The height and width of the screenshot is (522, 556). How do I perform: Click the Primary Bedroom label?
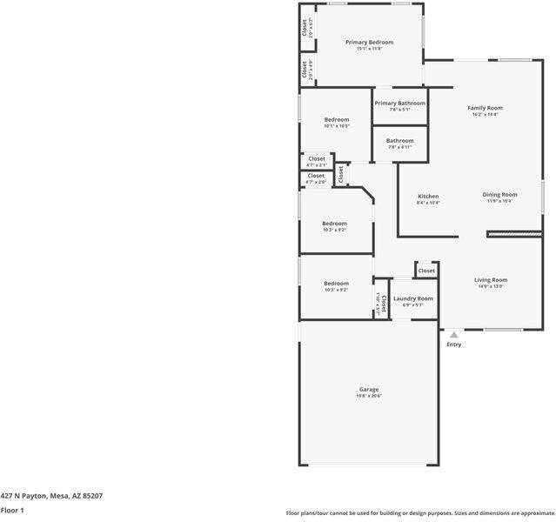click(369, 42)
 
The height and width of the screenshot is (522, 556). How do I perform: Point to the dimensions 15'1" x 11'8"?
click(369, 49)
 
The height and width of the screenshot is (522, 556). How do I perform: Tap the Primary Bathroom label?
click(399, 104)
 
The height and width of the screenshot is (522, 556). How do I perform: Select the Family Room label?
click(485, 108)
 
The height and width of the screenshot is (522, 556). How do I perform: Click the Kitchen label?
click(428, 196)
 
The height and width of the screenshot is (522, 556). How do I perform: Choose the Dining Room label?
click(499, 195)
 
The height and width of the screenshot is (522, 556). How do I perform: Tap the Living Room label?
click(491, 279)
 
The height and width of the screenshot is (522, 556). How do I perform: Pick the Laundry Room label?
click(412, 298)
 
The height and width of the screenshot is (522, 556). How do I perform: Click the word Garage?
click(369, 389)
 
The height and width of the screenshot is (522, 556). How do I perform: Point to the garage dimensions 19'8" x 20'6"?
click(369, 396)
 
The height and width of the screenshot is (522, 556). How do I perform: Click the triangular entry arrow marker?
click(453, 333)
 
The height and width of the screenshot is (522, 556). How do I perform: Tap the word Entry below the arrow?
click(453, 345)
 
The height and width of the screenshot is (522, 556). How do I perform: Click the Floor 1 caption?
click(12, 510)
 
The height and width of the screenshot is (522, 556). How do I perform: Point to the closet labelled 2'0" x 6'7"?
click(305, 29)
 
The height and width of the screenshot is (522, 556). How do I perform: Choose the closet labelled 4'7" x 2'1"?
click(316, 162)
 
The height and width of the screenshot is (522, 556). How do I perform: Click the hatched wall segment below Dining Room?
click(513, 233)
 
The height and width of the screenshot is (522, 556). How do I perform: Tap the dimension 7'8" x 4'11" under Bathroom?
click(399, 147)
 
